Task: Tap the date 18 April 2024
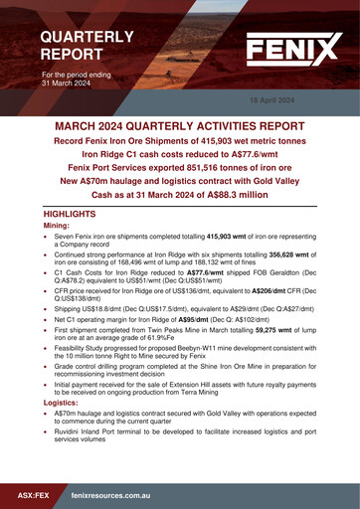271,101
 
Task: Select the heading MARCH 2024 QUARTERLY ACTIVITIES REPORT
180,127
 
